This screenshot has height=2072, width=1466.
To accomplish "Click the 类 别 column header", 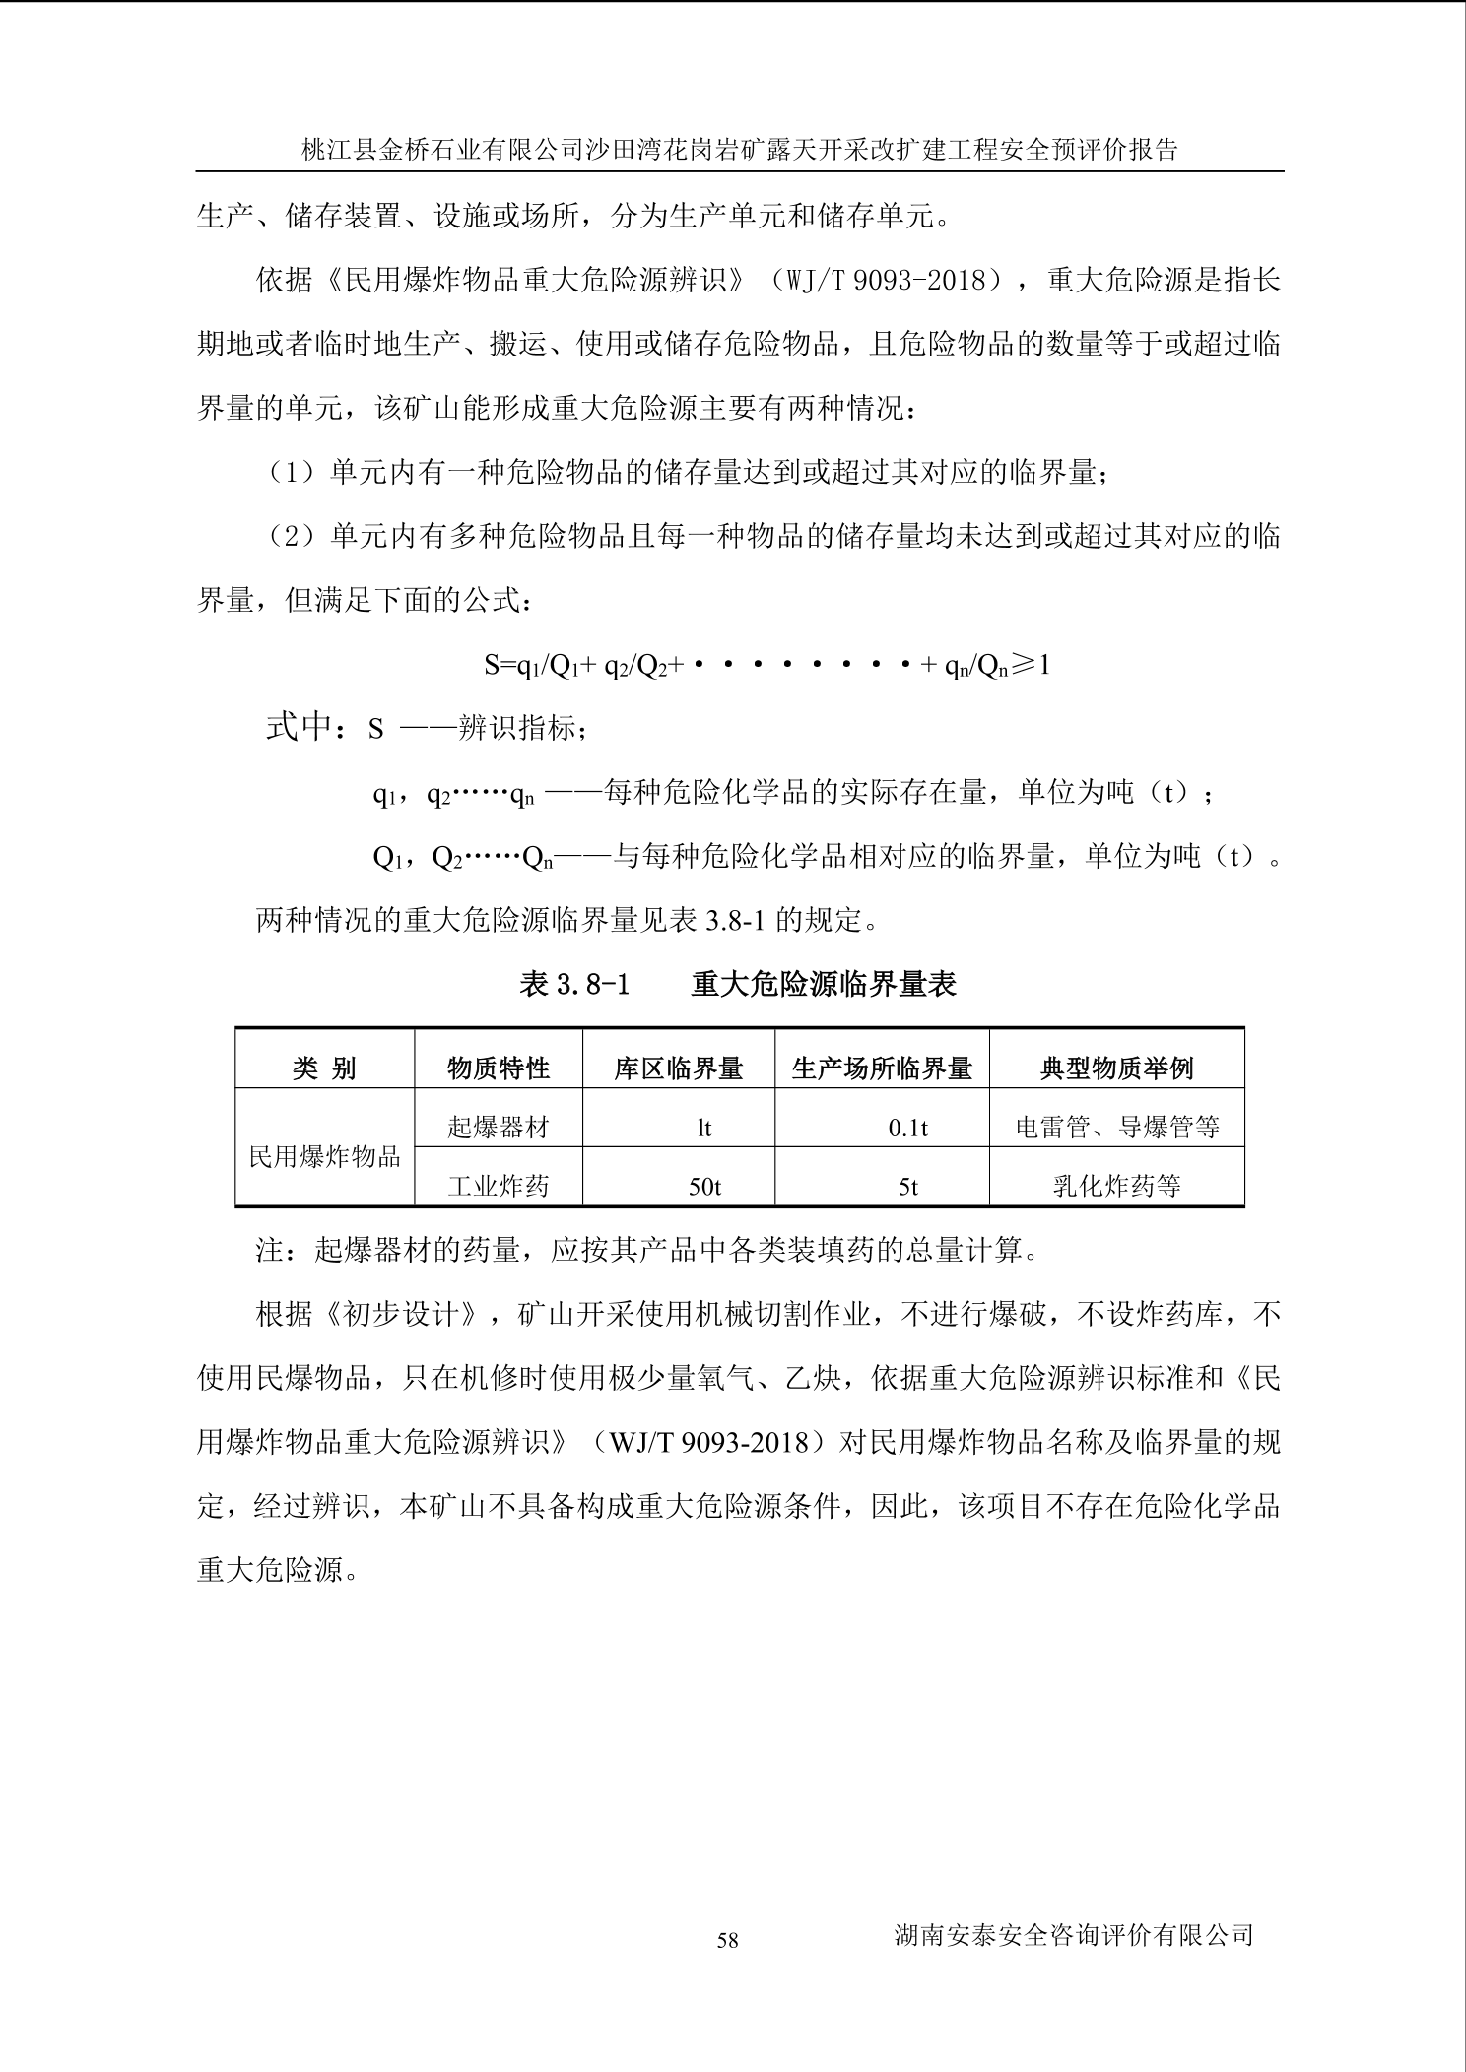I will pyautogui.click(x=324, y=1068).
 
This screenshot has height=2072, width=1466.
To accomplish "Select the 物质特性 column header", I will pyautogui.click(x=499, y=1068).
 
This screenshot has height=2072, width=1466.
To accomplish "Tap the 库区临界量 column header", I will pyautogui.click(x=678, y=1068).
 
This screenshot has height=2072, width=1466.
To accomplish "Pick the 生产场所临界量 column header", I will pyautogui.click(x=882, y=1068).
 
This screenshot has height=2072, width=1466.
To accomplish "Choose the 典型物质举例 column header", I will pyautogui.click(x=1116, y=1068).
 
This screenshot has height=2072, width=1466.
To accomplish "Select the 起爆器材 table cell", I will pyautogui.click(x=499, y=1127).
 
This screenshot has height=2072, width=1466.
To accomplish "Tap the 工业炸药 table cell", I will pyautogui.click(x=499, y=1186).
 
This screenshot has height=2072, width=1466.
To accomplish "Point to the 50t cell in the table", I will pyautogui.click(x=704, y=1187).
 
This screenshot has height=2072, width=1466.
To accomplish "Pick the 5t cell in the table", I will pyautogui.click(x=907, y=1187).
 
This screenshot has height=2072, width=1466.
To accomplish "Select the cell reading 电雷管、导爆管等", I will pyautogui.click(x=1117, y=1127).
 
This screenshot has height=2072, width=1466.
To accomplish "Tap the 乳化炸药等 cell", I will pyautogui.click(x=1116, y=1186).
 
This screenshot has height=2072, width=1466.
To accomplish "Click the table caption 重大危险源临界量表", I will pyautogui.click(x=824, y=984).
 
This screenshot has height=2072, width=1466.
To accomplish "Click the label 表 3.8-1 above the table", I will pyautogui.click(x=574, y=984).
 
